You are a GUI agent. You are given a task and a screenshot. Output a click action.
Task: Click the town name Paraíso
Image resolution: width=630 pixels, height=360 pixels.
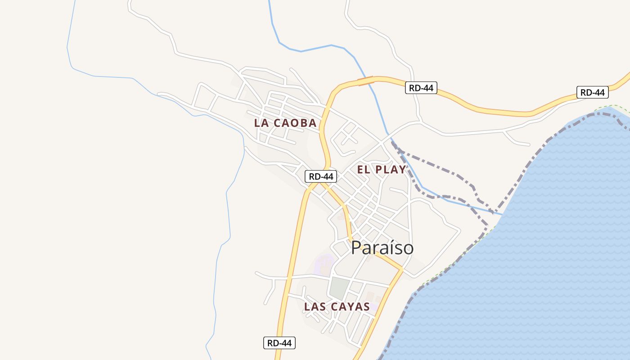[x=382, y=248]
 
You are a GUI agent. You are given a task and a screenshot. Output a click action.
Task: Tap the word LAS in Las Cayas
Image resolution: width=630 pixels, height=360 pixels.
[x=315, y=307]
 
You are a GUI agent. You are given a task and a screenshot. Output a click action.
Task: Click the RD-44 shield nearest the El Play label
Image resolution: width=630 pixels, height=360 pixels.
[x=321, y=176]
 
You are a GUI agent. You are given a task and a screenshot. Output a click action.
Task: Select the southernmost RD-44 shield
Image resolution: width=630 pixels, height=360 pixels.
[x=279, y=343]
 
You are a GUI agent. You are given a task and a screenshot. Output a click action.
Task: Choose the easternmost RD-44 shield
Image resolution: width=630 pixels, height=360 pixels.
[x=593, y=92]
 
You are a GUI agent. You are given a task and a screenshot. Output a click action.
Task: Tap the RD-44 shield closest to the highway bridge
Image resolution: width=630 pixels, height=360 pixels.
[x=421, y=88]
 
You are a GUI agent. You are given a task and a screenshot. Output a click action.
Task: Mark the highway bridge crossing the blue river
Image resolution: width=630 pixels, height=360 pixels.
[x=366, y=81]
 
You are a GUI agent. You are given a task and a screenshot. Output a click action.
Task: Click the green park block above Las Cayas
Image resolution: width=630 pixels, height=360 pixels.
[x=339, y=288]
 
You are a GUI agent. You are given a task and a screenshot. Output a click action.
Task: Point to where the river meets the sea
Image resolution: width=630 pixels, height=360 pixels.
[x=499, y=214]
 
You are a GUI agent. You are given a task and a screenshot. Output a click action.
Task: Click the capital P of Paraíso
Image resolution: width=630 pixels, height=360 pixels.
[x=356, y=248]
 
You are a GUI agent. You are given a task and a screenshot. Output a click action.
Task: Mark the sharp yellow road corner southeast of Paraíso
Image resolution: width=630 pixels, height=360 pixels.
[x=401, y=270]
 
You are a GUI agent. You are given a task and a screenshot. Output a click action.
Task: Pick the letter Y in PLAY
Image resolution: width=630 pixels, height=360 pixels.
[x=401, y=170]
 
